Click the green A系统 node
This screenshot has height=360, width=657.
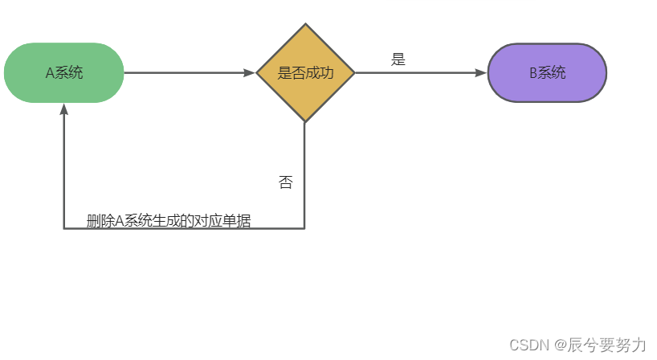coord(64,72)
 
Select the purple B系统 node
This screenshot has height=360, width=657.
coord(547,72)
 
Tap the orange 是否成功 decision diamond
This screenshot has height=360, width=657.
coord(305,72)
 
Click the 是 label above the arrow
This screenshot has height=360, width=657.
coord(398,59)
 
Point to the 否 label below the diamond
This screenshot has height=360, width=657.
coord(285,182)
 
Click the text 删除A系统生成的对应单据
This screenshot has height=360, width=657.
coord(169,221)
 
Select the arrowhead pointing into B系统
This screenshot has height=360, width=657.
coord(481,72)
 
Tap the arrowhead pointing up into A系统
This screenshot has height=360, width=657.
coord(64,109)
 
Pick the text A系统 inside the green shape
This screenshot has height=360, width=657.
coord(64,72)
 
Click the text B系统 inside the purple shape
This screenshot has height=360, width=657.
coord(547,72)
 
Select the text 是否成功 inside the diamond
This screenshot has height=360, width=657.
coord(305,72)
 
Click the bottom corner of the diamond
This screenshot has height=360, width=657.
coord(305,121)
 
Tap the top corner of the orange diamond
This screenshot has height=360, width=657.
coord(305,24)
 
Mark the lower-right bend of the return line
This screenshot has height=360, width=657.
coord(304,228)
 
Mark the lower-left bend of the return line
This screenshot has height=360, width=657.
coord(64,228)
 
